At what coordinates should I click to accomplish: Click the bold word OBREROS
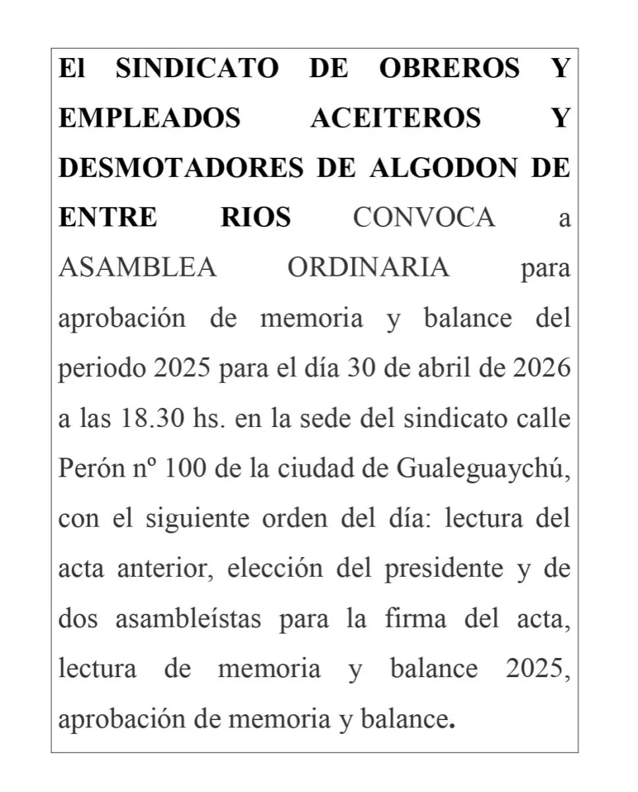[x=449, y=69]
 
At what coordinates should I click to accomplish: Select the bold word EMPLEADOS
[x=149, y=118]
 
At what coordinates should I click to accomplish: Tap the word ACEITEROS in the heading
[x=395, y=118]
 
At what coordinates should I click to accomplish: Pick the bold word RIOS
[x=256, y=218]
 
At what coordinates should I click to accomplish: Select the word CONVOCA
[x=424, y=218]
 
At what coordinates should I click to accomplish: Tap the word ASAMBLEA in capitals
[x=137, y=268]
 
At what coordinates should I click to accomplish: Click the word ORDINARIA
[x=369, y=268]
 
